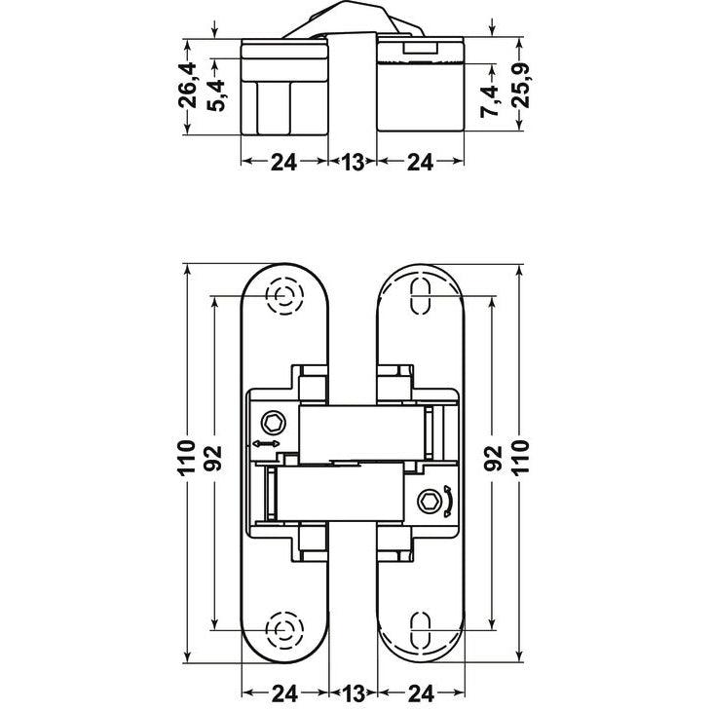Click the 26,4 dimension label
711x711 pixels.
pos(187,86)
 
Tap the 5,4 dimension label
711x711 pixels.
pos(216,95)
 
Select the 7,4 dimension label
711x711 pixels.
pos(489,101)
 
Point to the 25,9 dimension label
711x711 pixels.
pos(520,86)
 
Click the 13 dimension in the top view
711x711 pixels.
pos(354,162)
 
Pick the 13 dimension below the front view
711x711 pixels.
pos(354,692)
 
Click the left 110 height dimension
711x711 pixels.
pos(186,457)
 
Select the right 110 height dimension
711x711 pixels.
pos(520,457)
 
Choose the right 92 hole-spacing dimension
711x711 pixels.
pos(494,459)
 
